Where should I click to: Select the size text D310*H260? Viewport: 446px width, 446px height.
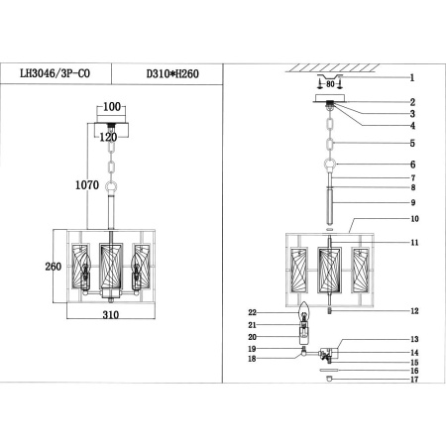[174, 72]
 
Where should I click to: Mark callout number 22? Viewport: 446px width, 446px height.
[252, 313]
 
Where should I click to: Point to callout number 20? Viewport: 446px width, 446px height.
[252, 337]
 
